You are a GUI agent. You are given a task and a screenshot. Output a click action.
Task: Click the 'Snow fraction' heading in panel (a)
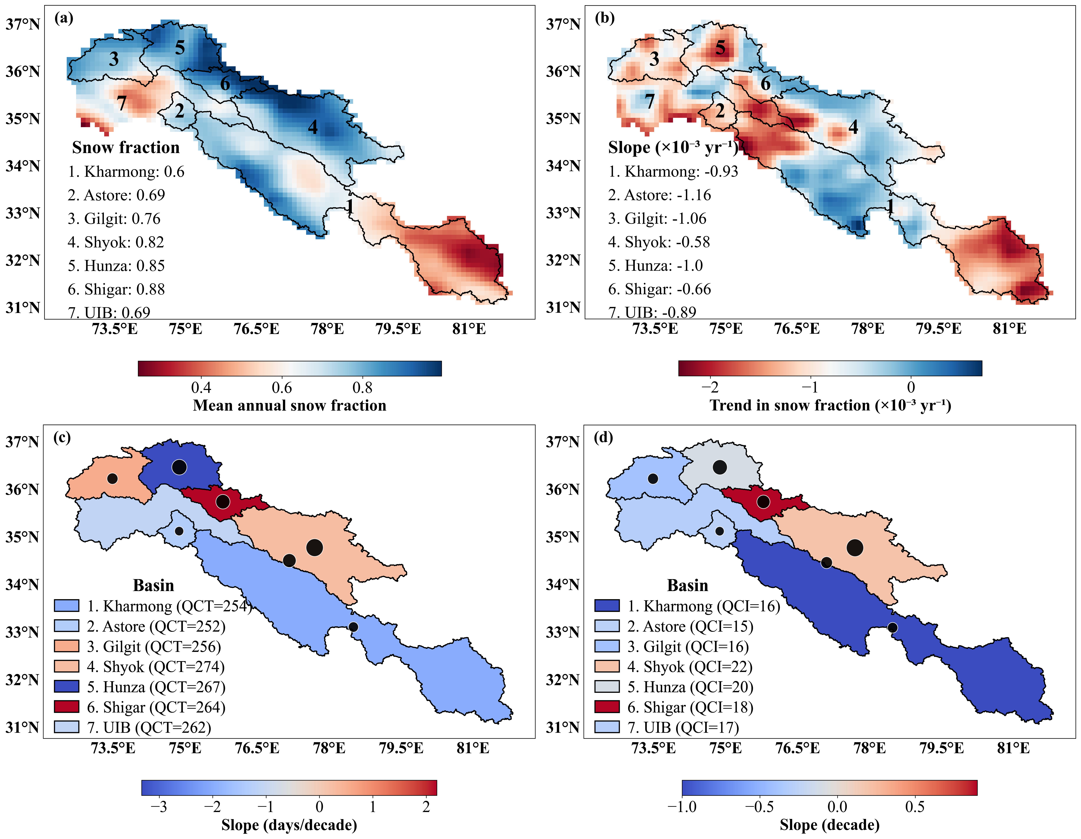126,147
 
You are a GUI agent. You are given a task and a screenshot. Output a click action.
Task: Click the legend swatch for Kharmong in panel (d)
607,606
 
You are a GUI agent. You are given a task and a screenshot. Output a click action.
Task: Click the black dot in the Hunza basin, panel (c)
179,467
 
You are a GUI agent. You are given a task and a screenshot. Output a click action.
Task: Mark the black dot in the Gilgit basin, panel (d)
653,478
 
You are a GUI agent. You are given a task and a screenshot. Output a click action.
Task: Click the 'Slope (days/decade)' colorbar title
289,825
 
